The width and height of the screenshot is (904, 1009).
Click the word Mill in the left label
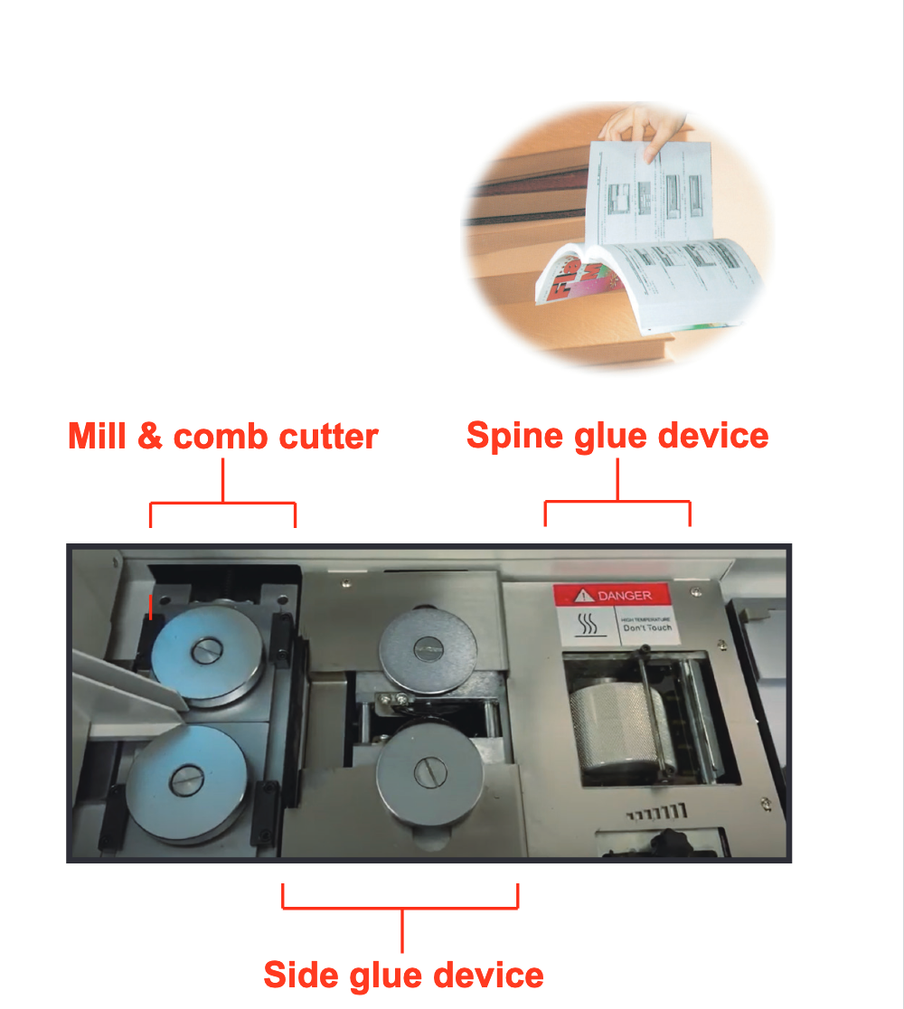click(98, 437)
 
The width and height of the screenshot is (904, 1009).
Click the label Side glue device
click(403, 975)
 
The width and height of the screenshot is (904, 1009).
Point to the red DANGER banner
click(616, 595)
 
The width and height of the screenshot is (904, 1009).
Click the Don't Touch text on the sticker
click(647, 627)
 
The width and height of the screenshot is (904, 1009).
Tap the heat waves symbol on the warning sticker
click(587, 625)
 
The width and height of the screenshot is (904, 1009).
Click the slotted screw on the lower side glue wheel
click(428, 769)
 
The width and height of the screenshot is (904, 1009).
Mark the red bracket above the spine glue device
click(617, 502)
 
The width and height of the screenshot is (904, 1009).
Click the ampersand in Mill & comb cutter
click(150, 437)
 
